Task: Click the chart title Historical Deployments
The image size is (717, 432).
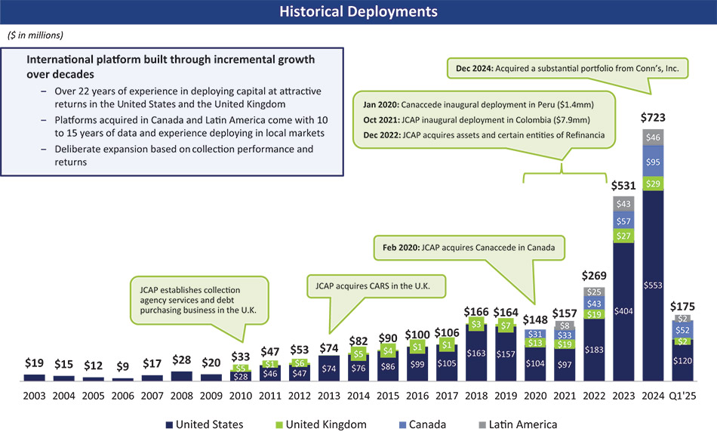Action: [x=358, y=11]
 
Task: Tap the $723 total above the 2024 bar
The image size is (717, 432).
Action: [x=654, y=119]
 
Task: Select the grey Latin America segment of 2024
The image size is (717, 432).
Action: [x=654, y=137]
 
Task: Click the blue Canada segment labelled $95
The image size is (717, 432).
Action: [x=654, y=162]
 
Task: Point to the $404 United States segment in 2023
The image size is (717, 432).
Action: [x=624, y=310]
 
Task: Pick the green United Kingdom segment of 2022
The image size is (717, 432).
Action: [x=595, y=314]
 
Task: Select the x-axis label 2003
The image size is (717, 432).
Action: [x=34, y=397]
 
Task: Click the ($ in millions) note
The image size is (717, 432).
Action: [x=35, y=35]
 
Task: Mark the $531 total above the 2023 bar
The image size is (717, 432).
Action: [x=624, y=184]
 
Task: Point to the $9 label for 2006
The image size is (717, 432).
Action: [x=122, y=366]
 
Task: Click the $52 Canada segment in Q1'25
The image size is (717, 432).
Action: [x=683, y=330]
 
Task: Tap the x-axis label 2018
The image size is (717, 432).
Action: [x=477, y=397]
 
